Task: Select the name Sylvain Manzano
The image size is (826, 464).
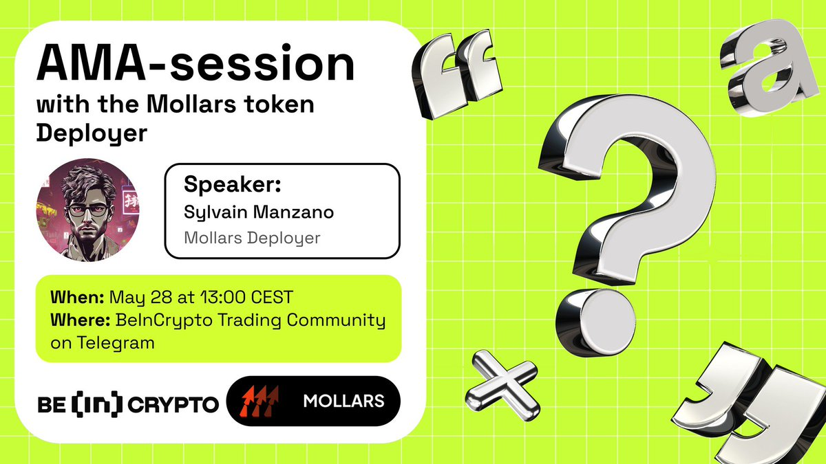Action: (x=259, y=212)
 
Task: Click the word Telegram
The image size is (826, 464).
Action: (x=94, y=342)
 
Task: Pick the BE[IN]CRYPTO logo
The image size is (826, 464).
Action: (x=127, y=405)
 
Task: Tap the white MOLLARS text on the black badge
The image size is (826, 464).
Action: (x=343, y=400)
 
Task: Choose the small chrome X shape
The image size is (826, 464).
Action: (x=500, y=379)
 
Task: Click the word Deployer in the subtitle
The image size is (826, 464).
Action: (x=91, y=133)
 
